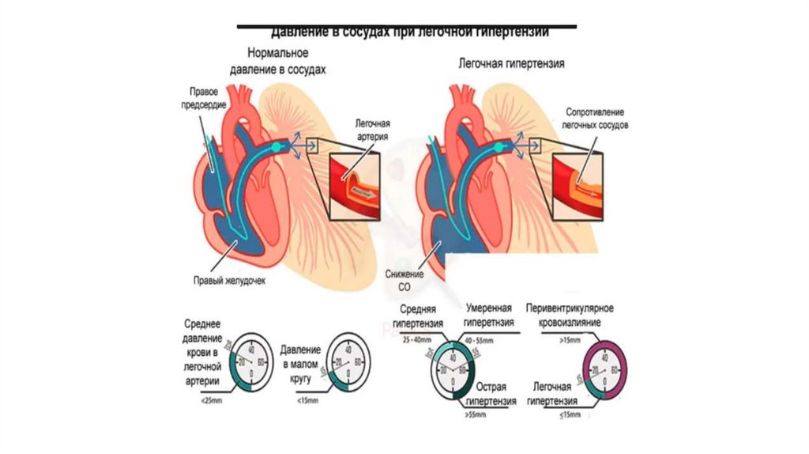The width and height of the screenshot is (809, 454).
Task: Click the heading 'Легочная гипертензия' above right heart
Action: pyautogui.click(x=511, y=62)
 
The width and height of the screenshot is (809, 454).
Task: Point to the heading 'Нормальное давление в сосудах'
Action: pyautogui.click(x=277, y=62)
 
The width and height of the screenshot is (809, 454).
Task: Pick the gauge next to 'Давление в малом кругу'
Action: pyautogui.click(x=345, y=364)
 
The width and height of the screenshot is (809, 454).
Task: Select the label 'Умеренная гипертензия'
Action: pyautogui.click(x=488, y=316)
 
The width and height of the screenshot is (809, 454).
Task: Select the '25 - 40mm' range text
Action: pyautogui.click(x=417, y=338)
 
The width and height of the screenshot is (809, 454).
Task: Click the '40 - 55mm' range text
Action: pyautogui.click(x=484, y=338)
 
